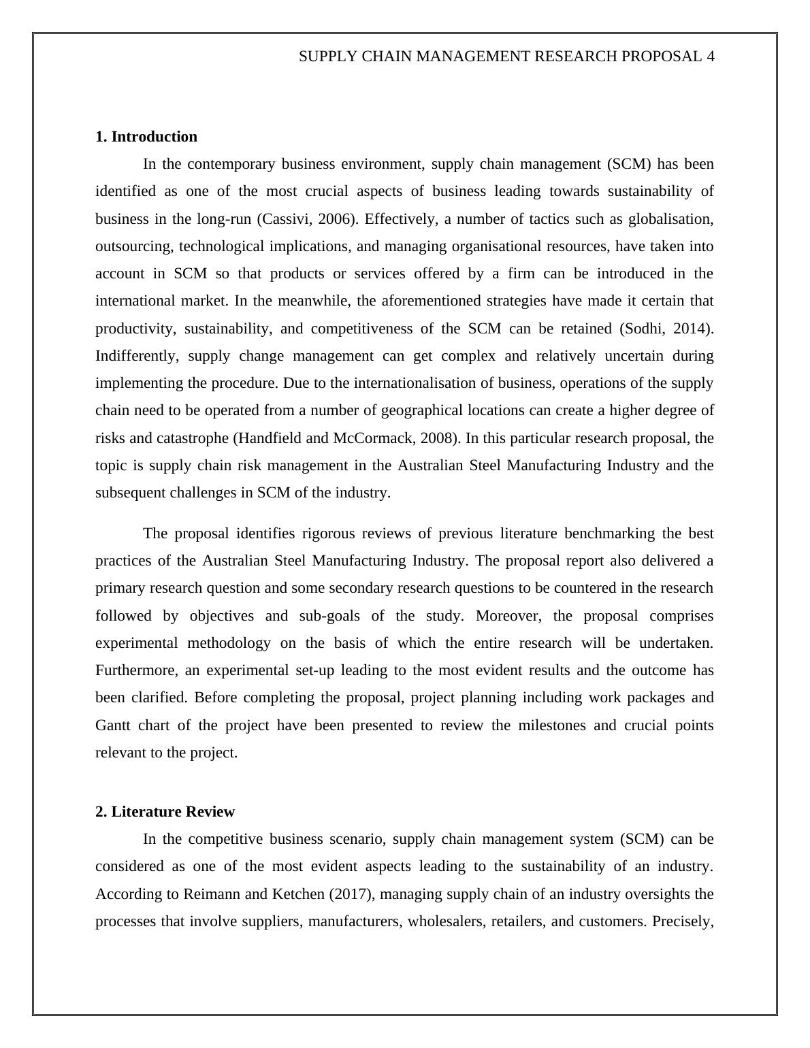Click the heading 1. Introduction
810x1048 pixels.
click(x=146, y=137)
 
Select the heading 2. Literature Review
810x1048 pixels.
click(x=165, y=812)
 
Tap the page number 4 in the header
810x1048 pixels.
click(x=710, y=56)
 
